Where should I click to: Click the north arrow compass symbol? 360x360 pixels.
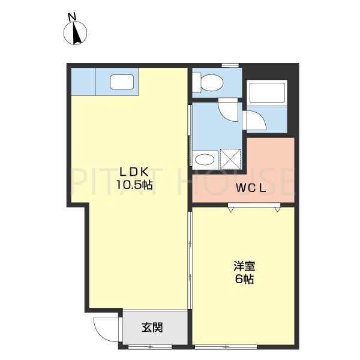[76, 34]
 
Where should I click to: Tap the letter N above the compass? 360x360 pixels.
[72, 17]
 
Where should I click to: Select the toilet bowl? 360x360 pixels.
[207, 83]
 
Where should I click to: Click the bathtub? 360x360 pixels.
[267, 93]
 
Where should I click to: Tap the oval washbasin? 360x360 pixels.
[205, 159]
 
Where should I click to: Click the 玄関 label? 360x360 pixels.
[152, 328]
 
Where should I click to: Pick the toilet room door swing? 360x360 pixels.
[228, 110]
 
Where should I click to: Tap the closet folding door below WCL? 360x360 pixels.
[253, 208]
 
